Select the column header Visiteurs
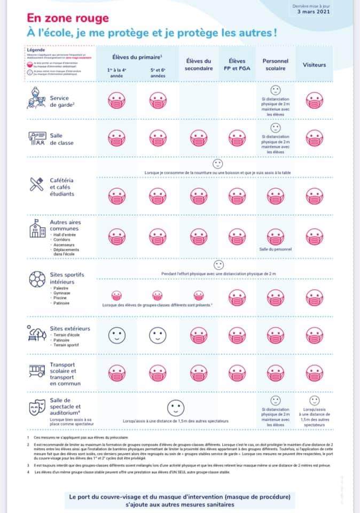point(314,64)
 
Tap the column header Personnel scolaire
point(276,65)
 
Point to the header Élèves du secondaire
point(199,65)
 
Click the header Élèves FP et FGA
point(237,65)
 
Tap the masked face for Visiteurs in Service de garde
point(314,100)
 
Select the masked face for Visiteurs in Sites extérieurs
point(314,336)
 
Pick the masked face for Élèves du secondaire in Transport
point(199,372)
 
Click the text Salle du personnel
point(276,250)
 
